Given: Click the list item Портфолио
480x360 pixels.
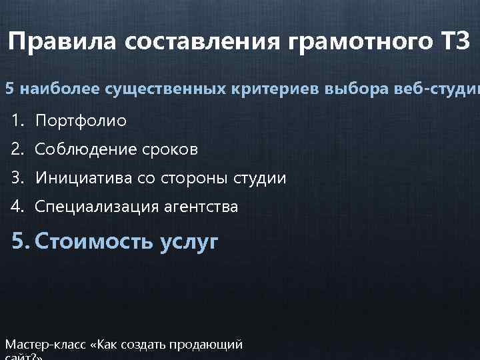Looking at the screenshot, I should tap(80, 121).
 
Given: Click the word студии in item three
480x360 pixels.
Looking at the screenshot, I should tap(261, 179).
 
